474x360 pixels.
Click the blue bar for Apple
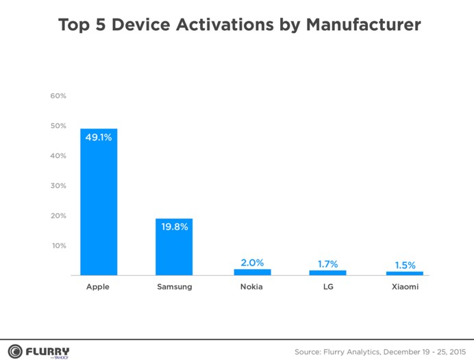pos(99,205)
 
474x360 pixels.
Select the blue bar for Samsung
pos(174,250)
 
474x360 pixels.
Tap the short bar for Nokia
pos(252,272)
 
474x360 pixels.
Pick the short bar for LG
pos(327,272)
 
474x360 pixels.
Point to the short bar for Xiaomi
pos(404,273)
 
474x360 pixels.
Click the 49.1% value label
pos(98,137)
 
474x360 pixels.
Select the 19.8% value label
pos(174,226)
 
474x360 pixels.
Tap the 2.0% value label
pos(252,263)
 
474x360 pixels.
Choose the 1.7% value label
pos(327,263)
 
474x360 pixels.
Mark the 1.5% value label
pos(404,265)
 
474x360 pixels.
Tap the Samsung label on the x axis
pos(174,287)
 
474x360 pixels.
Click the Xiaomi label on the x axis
pos(404,287)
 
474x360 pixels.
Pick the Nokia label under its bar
pos(252,287)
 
